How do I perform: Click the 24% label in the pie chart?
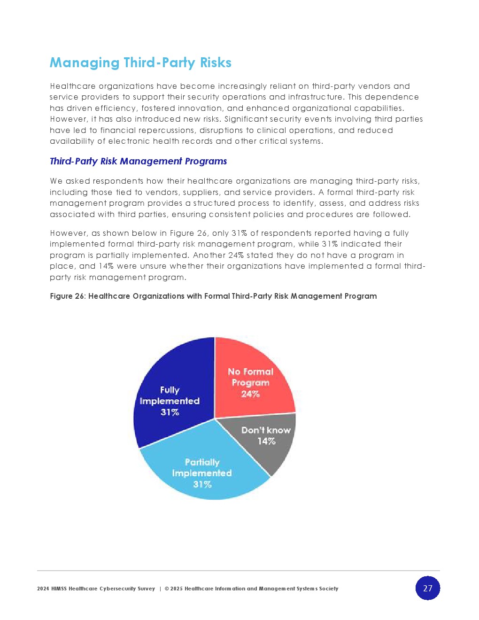[x=250, y=394]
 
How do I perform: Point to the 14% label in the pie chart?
[x=266, y=441]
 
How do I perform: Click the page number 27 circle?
[x=427, y=588]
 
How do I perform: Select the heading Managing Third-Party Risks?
[x=140, y=62]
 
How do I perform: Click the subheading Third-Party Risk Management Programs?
[x=138, y=161]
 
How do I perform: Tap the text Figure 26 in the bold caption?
[x=67, y=296]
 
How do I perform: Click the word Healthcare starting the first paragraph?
[x=72, y=86]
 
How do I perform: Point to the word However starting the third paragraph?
[x=68, y=233]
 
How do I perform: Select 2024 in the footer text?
[x=43, y=589]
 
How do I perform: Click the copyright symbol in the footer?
[x=167, y=589]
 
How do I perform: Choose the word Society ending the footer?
[x=329, y=589]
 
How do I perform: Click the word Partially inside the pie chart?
[x=202, y=462]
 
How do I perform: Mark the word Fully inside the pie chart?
[x=170, y=390]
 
